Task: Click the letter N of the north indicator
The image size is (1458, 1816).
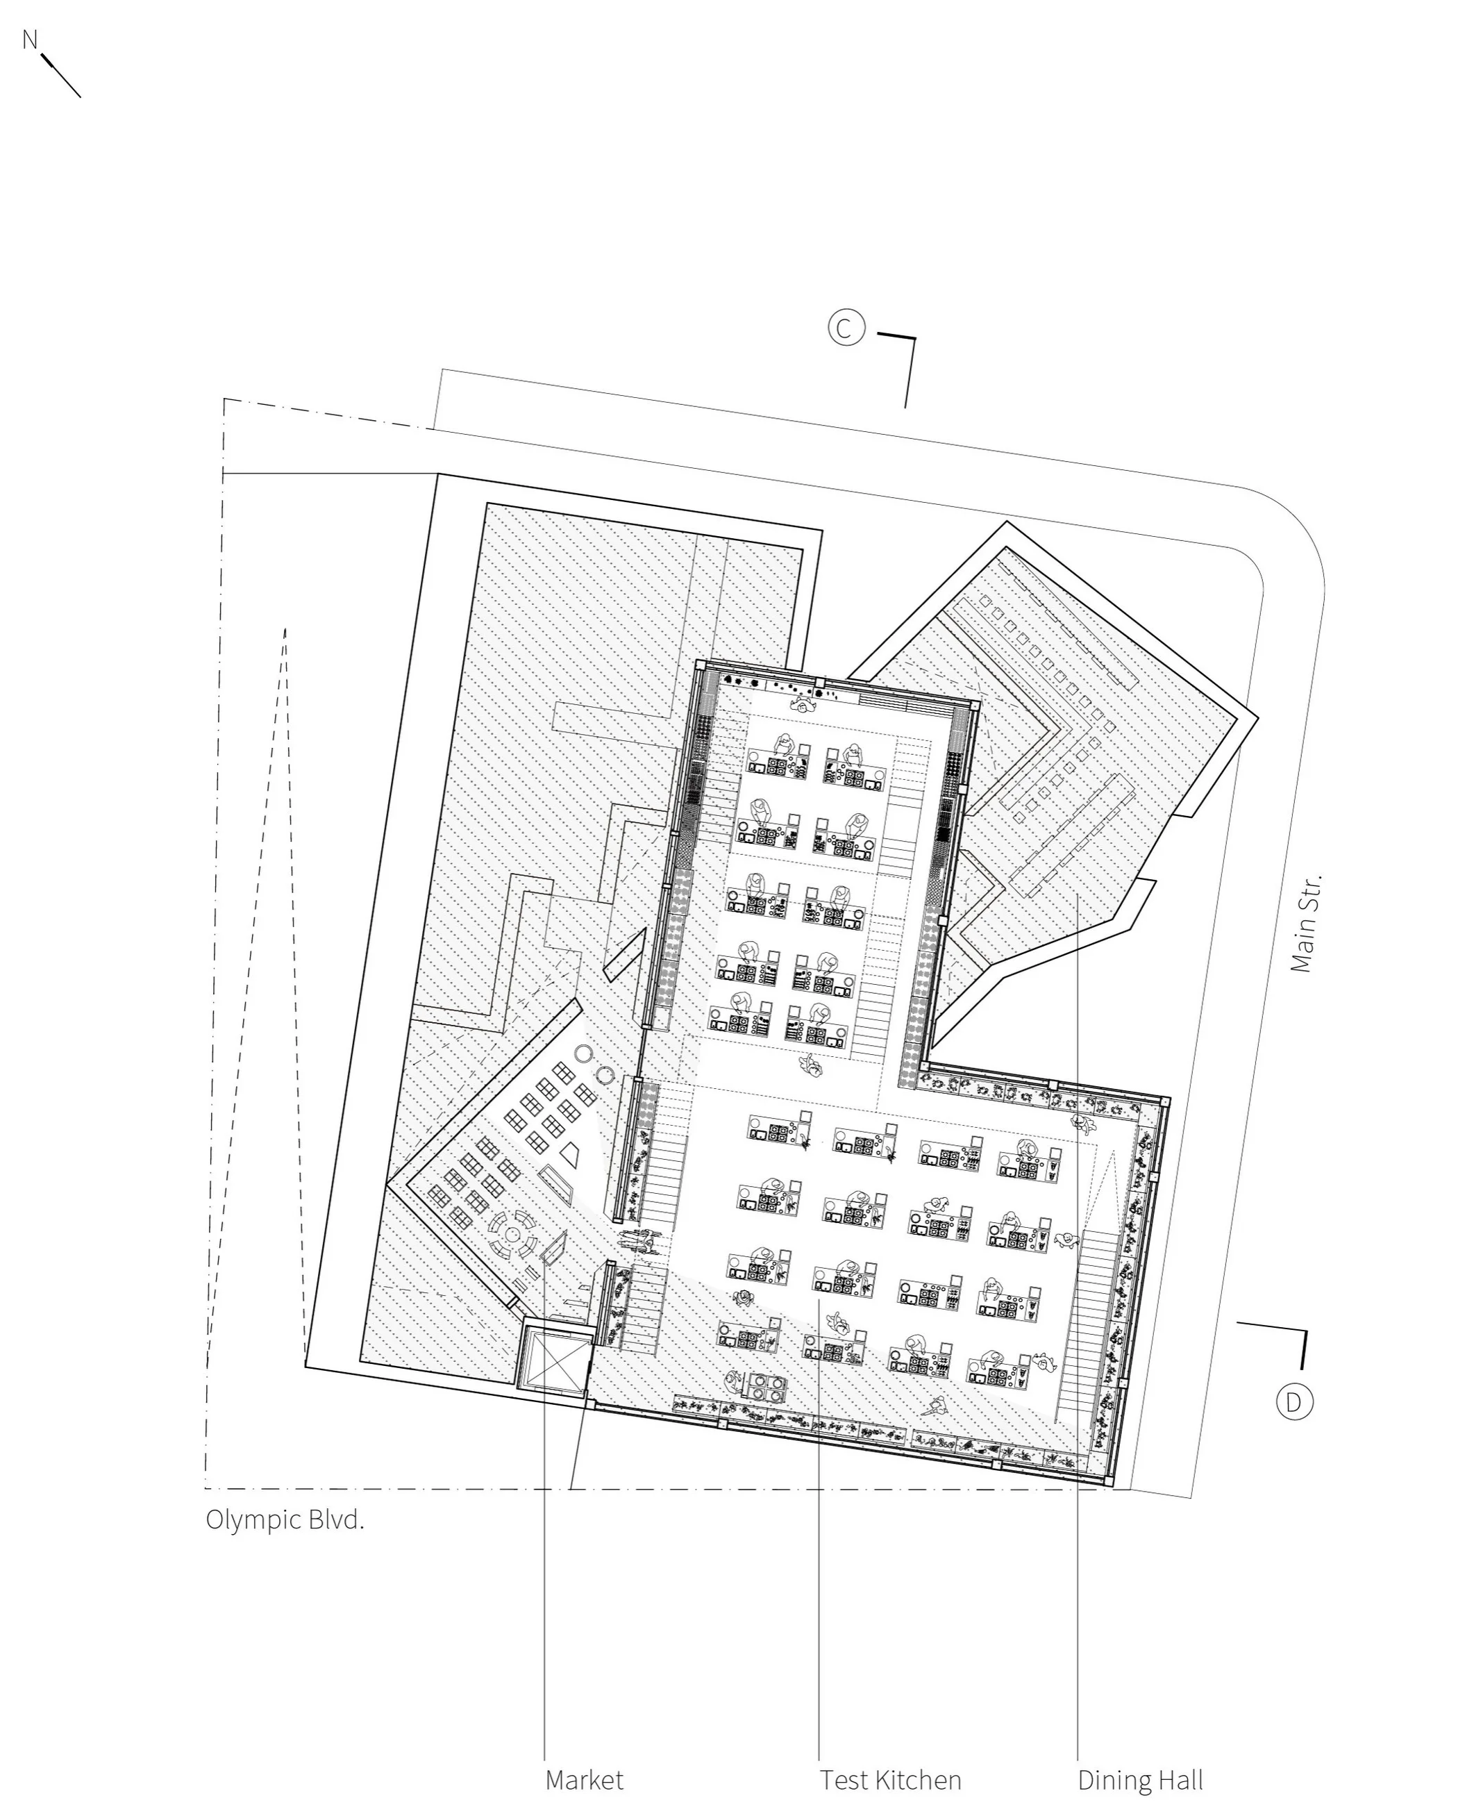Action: point(31,39)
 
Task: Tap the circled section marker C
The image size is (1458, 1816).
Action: point(846,328)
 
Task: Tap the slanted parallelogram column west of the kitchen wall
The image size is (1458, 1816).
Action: point(625,954)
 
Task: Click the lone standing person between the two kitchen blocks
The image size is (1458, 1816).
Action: point(812,1067)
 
